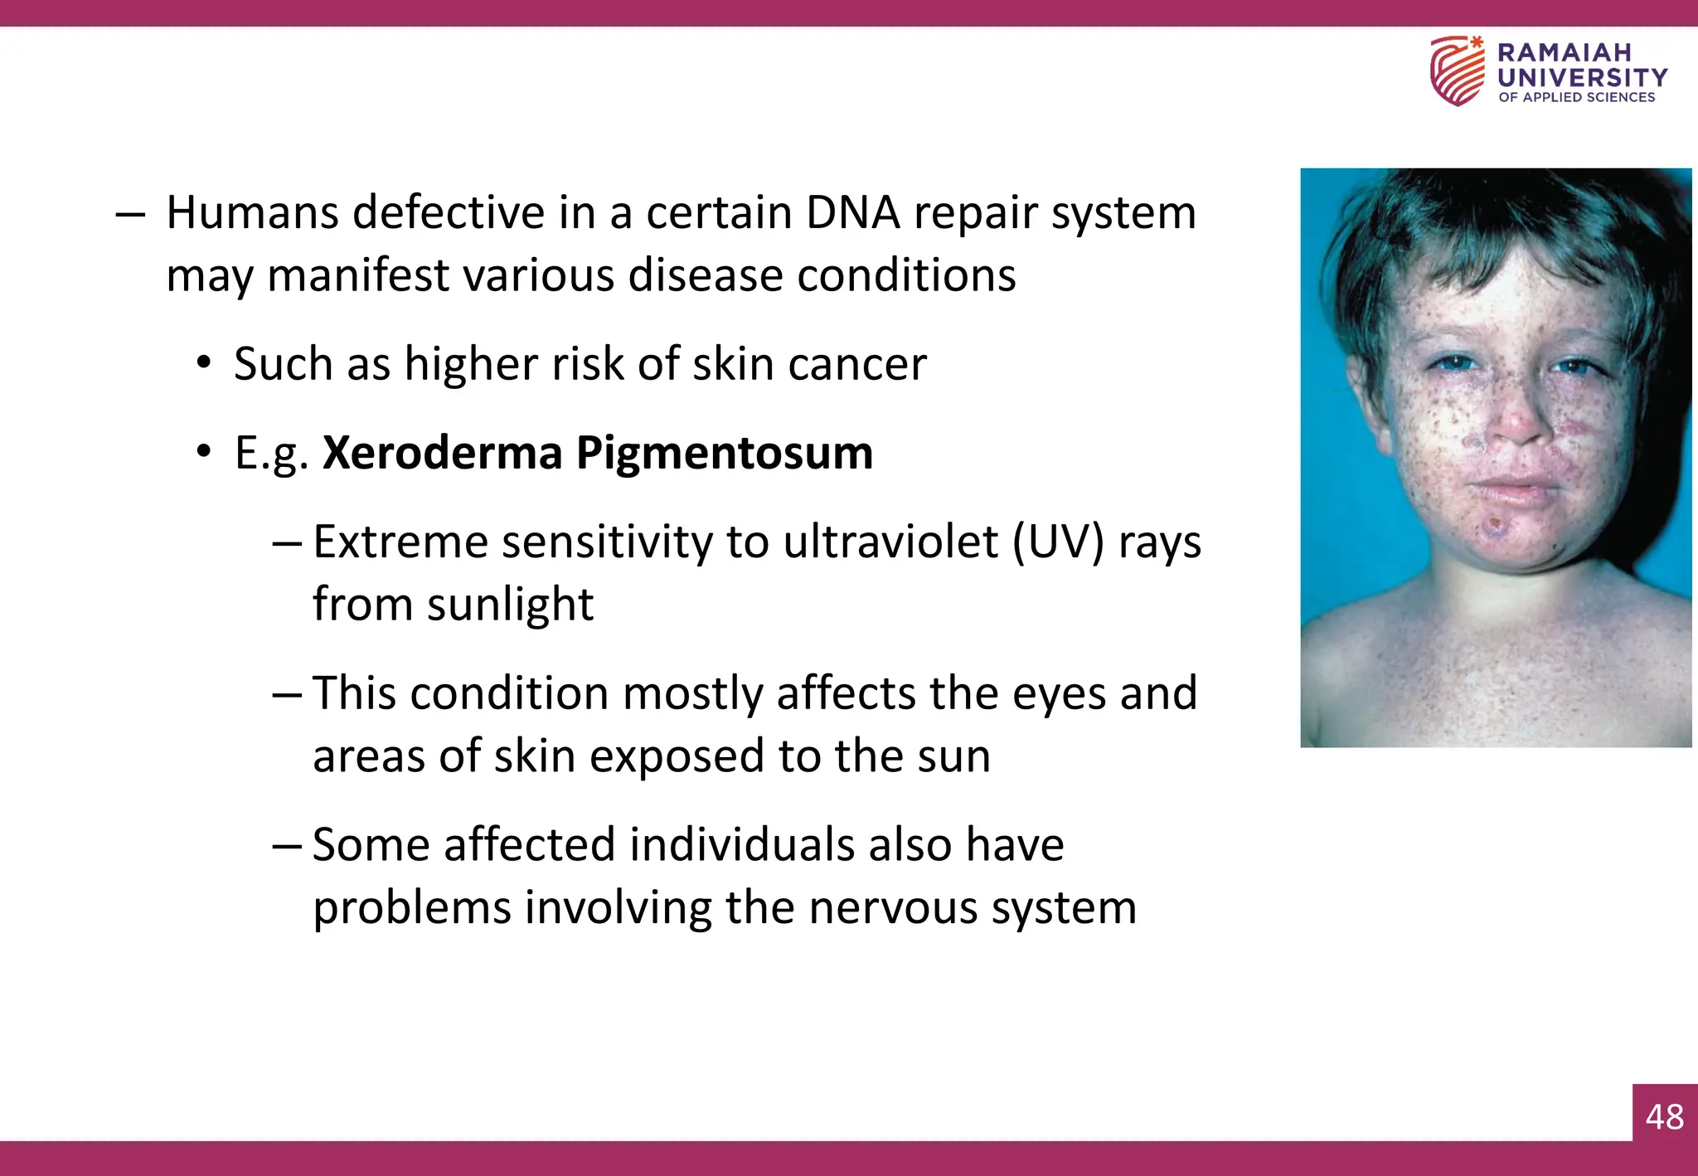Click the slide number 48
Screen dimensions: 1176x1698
1665,1117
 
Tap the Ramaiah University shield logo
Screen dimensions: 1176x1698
1457,71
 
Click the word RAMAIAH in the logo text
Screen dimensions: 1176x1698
1564,52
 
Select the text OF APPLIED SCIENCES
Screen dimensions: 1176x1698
1576,98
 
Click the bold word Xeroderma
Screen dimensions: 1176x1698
442,453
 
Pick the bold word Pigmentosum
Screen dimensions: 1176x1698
725,454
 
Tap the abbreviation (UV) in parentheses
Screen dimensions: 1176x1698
1058,542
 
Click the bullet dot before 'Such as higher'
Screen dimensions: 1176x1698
204,364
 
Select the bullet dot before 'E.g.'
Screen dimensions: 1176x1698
204,453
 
